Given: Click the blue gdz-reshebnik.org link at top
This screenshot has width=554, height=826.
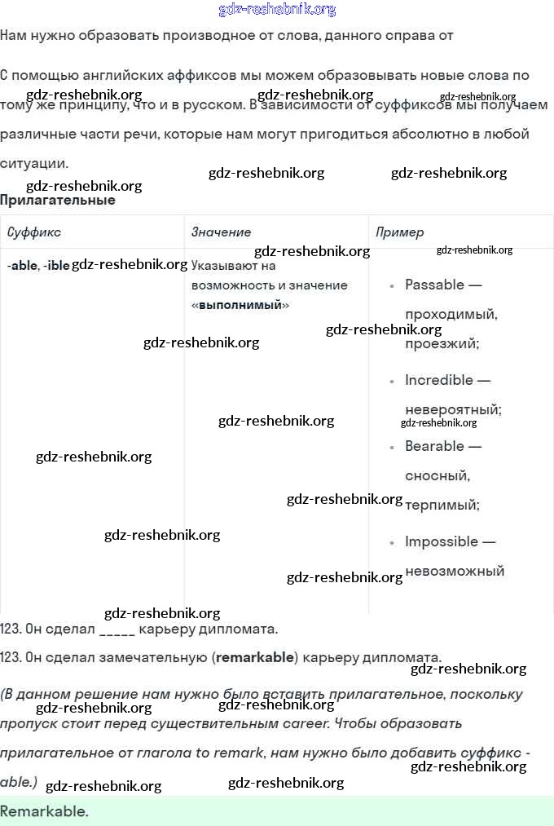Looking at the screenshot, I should [x=277, y=10].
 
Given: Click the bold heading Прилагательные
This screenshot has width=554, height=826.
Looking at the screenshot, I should [x=58, y=201].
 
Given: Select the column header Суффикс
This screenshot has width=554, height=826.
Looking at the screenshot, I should [x=34, y=232].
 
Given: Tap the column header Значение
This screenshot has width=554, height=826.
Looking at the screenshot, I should [x=221, y=232].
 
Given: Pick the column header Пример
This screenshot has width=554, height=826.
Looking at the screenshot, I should [x=399, y=232].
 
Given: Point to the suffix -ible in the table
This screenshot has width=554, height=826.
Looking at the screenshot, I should [x=57, y=266].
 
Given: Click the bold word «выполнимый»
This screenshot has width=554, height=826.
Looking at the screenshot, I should [x=240, y=305].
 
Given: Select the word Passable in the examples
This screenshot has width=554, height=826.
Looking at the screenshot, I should [x=434, y=285].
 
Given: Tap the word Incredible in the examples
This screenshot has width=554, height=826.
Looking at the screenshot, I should [x=438, y=380].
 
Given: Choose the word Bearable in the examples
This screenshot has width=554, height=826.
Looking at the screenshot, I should [x=434, y=446].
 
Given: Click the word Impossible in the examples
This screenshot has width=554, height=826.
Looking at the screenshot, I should [x=441, y=541].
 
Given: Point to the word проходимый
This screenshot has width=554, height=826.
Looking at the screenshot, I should [x=451, y=314].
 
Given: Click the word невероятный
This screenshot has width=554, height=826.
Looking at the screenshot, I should [x=453, y=409].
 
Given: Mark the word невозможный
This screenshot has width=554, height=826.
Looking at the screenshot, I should [x=455, y=571].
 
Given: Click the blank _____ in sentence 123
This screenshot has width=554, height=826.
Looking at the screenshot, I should [x=117, y=629].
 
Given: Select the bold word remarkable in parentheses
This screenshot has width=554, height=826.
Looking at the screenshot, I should [x=257, y=658].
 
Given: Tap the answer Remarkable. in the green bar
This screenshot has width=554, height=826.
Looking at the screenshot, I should [x=44, y=811].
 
